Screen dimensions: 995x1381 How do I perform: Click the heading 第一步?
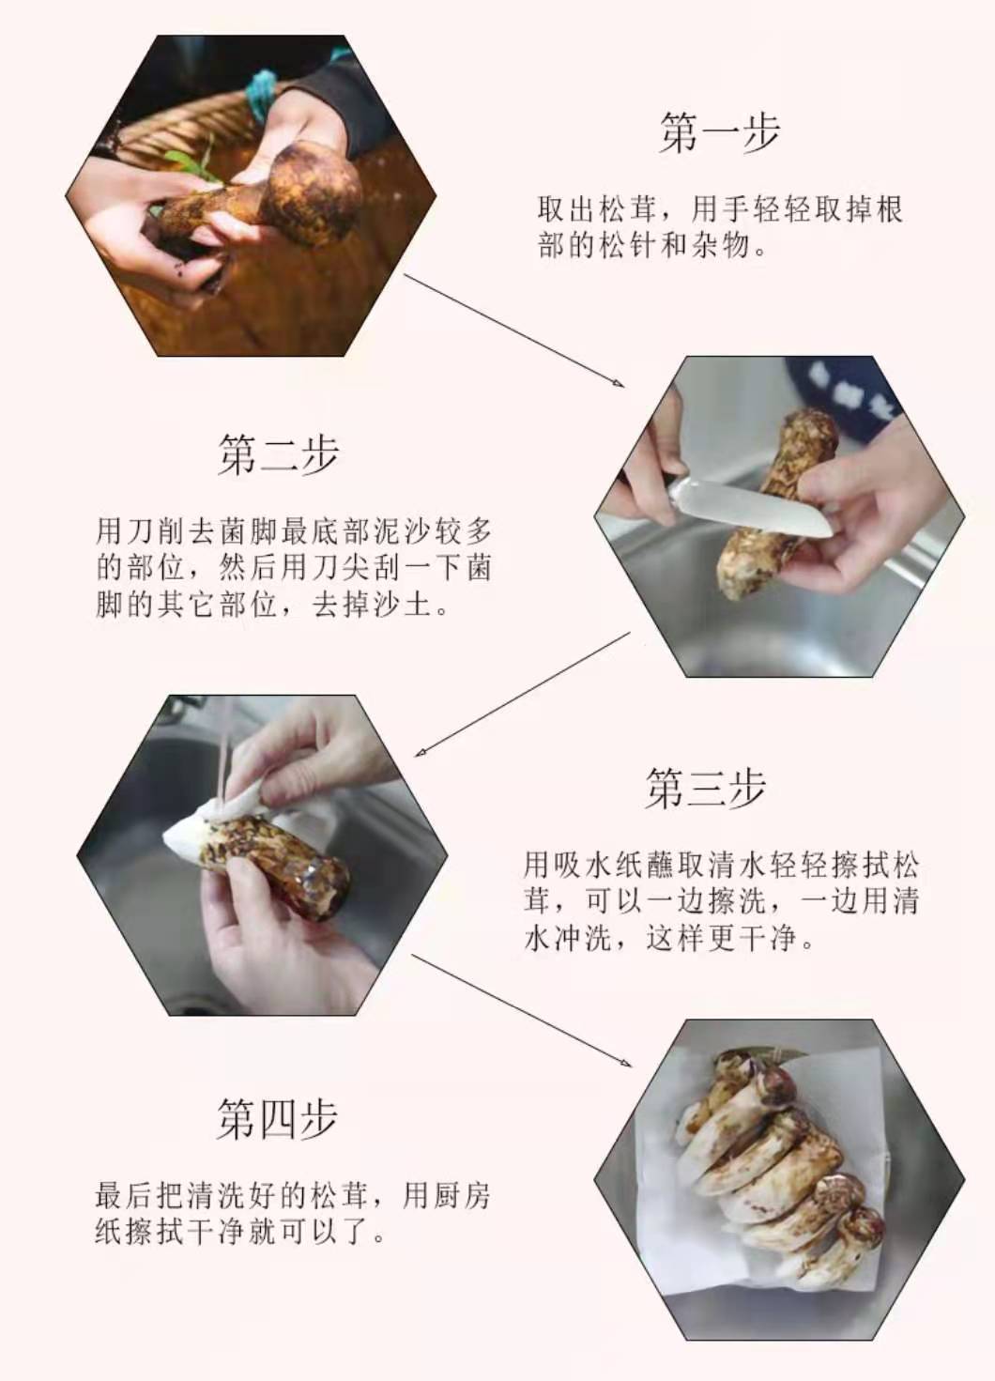719,132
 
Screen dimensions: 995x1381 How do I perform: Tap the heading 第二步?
279,454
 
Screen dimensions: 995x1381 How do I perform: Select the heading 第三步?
706,788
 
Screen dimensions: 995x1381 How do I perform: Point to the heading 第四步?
278,1119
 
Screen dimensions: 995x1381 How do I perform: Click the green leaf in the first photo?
191,162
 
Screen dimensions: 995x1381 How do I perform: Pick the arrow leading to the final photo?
522,1010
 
